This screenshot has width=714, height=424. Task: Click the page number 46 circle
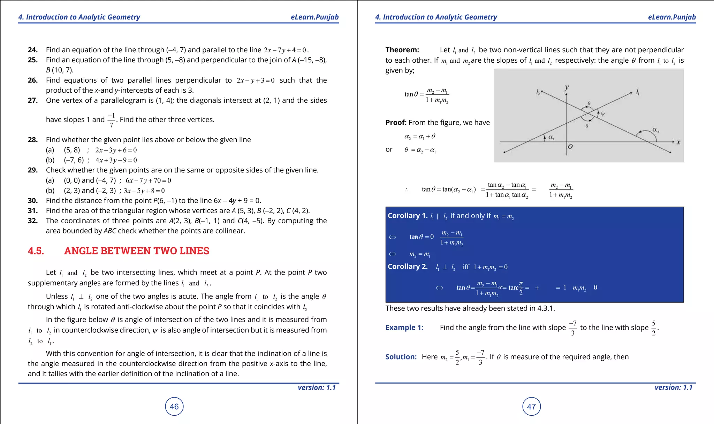(x=174, y=406)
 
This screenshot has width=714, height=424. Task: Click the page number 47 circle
(x=531, y=406)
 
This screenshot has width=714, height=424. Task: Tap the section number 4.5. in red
(x=36, y=251)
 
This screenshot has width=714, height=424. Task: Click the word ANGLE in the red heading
(x=81, y=251)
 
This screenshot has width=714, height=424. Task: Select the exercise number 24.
(x=32, y=50)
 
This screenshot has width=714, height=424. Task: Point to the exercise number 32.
(x=32, y=221)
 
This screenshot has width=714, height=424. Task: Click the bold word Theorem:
(x=402, y=50)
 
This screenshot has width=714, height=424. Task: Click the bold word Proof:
(x=396, y=122)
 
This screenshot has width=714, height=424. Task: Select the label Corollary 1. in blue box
(x=407, y=216)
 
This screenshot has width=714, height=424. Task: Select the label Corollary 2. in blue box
(x=407, y=267)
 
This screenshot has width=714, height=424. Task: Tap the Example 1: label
(x=404, y=327)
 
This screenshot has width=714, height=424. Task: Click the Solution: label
(x=401, y=357)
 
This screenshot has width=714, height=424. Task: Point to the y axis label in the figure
(x=567, y=87)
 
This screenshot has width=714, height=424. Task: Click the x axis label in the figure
(x=678, y=142)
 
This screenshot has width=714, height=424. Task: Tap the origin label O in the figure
(x=570, y=147)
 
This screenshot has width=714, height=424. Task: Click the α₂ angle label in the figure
(x=655, y=130)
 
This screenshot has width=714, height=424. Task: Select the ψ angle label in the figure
(x=603, y=114)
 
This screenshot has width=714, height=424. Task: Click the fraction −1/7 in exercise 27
(x=111, y=120)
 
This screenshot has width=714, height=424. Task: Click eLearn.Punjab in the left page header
(x=314, y=17)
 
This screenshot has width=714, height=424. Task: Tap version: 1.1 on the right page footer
(x=673, y=387)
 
